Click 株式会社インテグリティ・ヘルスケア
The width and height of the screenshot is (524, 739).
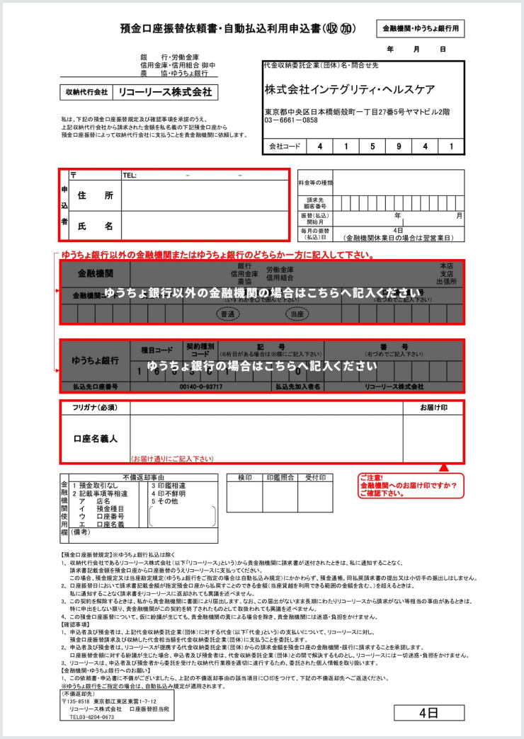point(350,90)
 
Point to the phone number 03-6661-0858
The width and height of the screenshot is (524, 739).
point(291,120)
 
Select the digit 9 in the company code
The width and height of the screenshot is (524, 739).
point(398,147)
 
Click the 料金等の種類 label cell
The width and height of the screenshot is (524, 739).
point(315,183)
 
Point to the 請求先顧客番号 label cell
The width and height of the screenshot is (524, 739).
point(315,203)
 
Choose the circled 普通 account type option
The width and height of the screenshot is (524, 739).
point(228,313)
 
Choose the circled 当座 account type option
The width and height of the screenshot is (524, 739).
point(297,313)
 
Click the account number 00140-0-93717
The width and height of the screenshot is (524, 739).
point(201,387)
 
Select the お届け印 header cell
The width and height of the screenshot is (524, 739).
point(433,408)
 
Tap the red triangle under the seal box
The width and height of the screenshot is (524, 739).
point(444,468)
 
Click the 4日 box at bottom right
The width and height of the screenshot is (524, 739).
point(428,711)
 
